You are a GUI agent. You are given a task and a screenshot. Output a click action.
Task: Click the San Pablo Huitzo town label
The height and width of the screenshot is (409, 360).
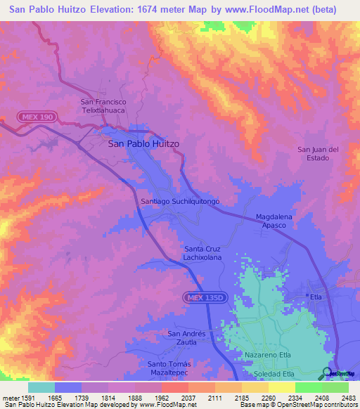(143, 143)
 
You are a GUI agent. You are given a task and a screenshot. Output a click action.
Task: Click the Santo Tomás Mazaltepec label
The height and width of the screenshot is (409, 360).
(174, 368)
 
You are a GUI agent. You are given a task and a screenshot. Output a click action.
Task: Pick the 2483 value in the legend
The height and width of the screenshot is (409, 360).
(348, 398)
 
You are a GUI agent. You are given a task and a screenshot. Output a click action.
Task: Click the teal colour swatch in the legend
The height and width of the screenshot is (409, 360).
(41, 387)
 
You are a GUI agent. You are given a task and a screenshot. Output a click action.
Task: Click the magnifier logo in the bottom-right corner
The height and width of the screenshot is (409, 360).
(328, 372)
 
